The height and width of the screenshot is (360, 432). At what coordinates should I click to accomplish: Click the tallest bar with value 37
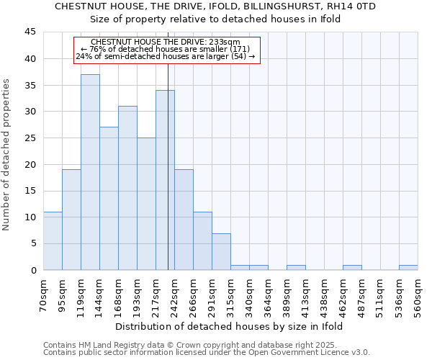pos(90,172)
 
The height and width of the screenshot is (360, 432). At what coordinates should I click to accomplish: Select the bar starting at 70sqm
pos(53,240)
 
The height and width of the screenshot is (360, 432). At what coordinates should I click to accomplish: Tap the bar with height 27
pos(109,199)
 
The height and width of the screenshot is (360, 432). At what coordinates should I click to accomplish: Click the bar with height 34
pos(165,180)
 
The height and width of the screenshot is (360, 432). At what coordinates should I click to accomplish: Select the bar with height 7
pos(221,251)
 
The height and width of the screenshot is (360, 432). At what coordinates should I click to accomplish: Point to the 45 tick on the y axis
pos(30,32)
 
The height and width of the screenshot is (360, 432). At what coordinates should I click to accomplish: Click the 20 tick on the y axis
pos(30,164)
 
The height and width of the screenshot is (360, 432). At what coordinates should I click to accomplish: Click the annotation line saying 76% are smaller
pos(166,49)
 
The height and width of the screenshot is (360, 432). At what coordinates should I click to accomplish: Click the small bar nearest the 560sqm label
pos(408,267)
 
